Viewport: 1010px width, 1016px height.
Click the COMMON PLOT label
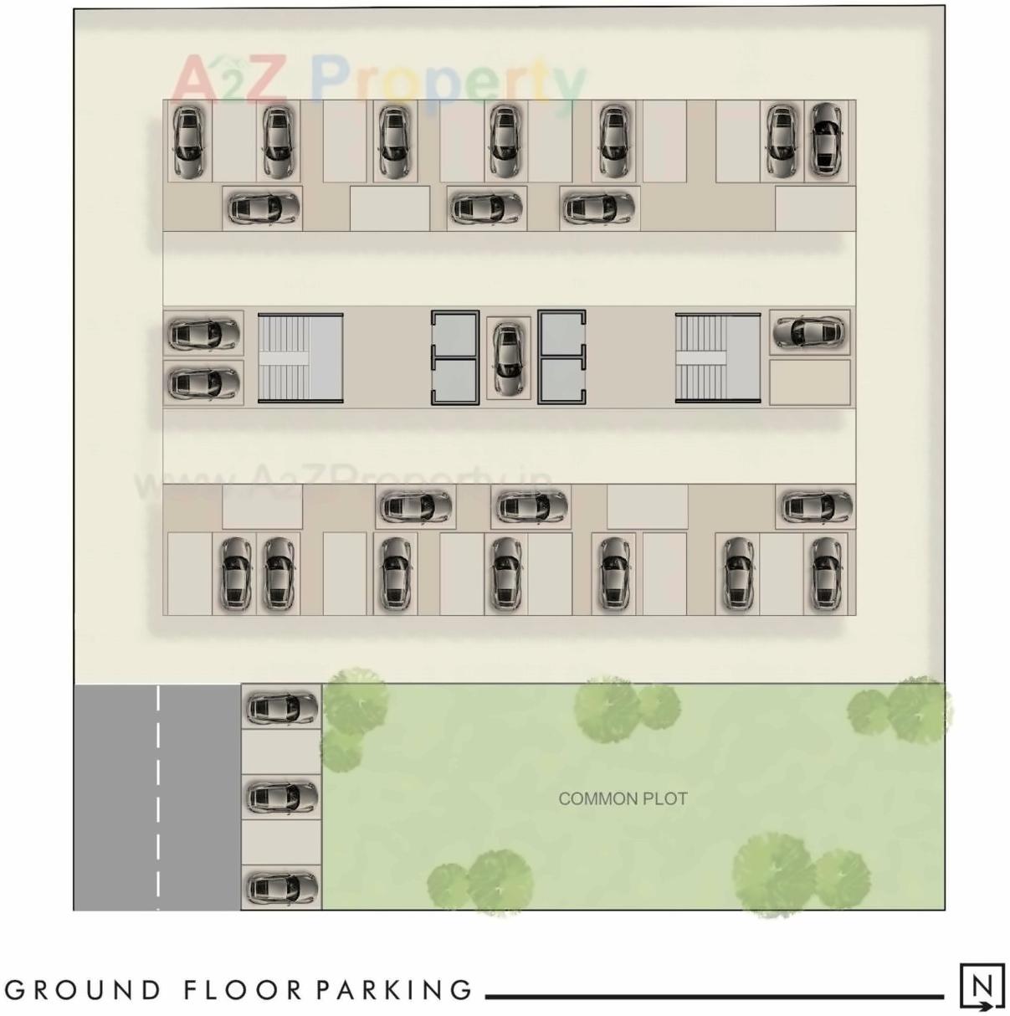click(x=623, y=799)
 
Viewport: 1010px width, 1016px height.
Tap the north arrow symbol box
click(x=982, y=987)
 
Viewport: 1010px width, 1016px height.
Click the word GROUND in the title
click(x=83, y=990)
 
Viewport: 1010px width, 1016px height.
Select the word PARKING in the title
click(x=394, y=990)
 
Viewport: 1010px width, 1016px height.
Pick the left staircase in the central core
click(x=300, y=357)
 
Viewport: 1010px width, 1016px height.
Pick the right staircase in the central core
click(x=717, y=357)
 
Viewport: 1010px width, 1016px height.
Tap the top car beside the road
click(x=281, y=708)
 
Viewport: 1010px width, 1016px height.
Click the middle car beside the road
click(x=281, y=797)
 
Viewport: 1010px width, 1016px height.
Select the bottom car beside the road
click(x=281, y=887)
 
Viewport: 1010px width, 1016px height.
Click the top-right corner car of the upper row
click(x=825, y=140)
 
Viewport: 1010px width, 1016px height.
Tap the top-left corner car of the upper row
click(x=189, y=140)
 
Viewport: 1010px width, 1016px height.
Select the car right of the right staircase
click(x=808, y=332)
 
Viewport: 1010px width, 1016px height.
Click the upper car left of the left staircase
click(x=203, y=334)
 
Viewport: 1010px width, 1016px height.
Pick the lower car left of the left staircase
click(x=203, y=384)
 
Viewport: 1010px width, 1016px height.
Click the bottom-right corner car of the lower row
click(x=825, y=573)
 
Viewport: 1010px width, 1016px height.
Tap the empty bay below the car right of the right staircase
click(x=809, y=382)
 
